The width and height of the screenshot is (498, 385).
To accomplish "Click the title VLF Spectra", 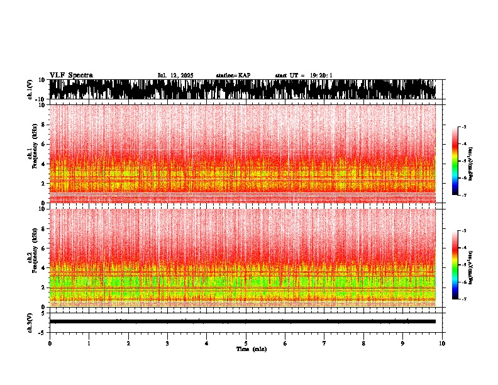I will (71, 75).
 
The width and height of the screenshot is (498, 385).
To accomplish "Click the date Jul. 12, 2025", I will (175, 75).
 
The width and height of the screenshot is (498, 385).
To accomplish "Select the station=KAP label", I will (233, 75).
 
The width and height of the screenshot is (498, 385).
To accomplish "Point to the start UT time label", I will (304, 75).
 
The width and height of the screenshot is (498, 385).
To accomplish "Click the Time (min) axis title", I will (251, 349).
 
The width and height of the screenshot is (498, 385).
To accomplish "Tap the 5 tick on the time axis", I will (246, 343).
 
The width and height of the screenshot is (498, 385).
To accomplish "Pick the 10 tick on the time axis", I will (442, 343).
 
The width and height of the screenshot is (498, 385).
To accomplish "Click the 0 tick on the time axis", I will (50, 343).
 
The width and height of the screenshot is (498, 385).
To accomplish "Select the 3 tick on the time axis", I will (167, 343).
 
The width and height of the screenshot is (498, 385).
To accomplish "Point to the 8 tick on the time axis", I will (363, 343).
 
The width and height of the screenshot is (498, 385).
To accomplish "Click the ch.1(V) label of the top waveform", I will (30, 90).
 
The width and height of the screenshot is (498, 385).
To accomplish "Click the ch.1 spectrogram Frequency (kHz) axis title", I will (33, 153).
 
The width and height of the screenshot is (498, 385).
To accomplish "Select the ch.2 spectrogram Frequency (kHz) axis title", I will (33, 257).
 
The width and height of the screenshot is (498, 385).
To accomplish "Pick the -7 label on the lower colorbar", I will (463, 299).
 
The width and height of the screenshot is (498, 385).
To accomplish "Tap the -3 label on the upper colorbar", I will (463, 127).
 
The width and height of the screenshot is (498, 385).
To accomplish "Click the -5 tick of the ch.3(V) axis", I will (43, 332).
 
